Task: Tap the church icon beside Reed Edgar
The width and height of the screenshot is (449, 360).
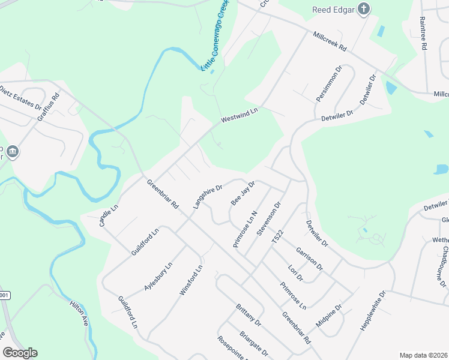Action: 364,9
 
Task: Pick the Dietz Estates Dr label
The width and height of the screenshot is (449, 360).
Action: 20,100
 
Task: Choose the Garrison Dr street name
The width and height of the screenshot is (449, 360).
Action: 309,258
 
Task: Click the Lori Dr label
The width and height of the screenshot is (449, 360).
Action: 295,273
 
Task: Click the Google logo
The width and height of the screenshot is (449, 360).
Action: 20,353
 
